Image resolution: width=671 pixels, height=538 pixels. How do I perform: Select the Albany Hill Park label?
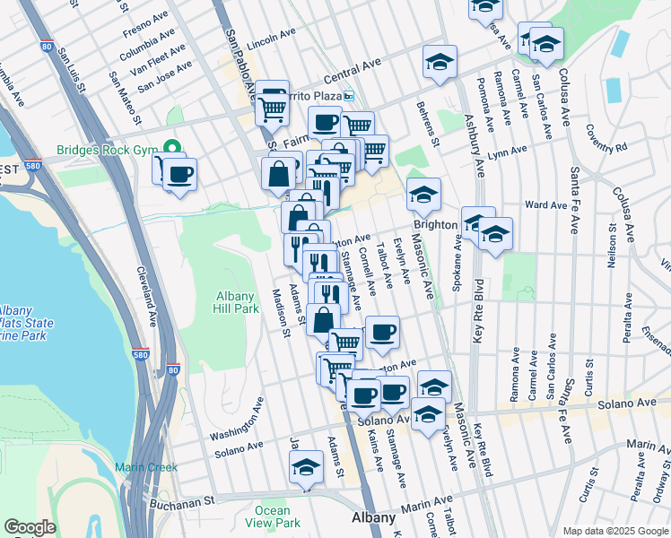pos(238,302)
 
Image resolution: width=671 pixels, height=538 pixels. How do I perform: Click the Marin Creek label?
pos(146,467)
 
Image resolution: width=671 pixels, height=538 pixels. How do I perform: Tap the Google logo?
pos(30,526)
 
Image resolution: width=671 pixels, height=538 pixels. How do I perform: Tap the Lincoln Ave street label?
pos(271,39)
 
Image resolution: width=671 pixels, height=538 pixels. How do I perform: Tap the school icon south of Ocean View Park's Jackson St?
pos(306,467)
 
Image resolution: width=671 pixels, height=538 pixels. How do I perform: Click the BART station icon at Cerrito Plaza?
pos(350,96)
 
